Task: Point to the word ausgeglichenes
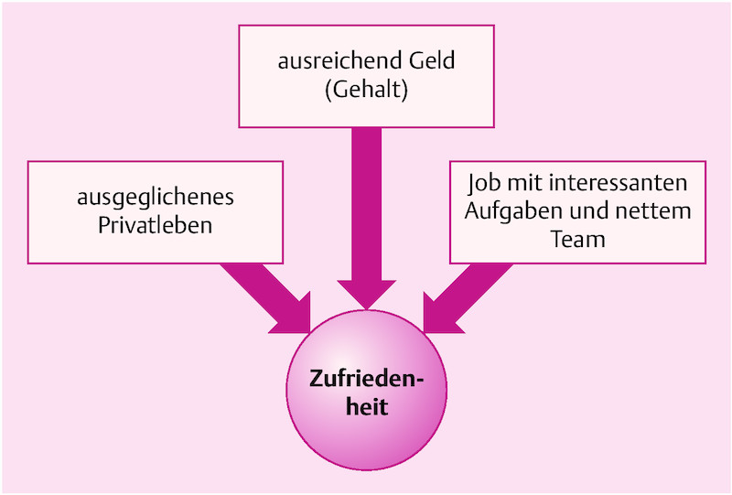click(156, 198)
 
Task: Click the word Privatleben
click(156, 225)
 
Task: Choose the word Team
click(578, 239)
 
